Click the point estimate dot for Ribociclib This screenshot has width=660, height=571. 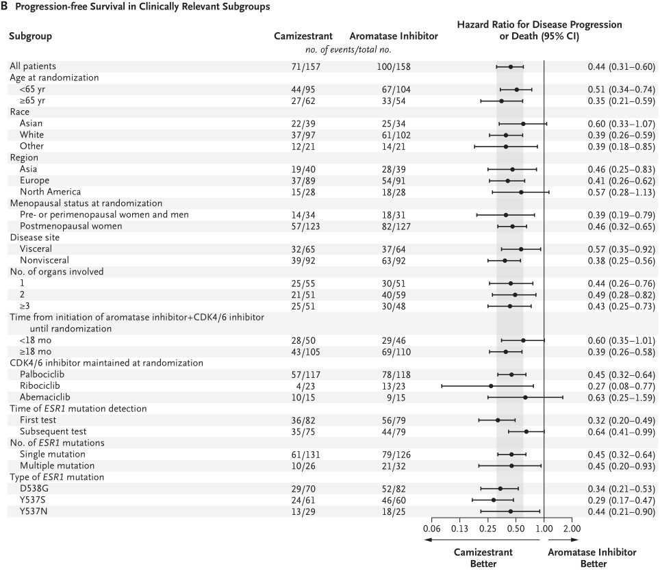491,386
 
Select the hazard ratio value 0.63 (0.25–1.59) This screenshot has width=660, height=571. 621,398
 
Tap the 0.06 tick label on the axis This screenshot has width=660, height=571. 432,529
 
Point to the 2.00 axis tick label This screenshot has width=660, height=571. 572,529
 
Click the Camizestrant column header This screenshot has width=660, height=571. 303,36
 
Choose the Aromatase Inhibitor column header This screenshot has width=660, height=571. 394,36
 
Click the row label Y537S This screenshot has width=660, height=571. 34,500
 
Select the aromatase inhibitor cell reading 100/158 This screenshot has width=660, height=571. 394,67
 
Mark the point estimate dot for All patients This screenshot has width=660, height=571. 511,66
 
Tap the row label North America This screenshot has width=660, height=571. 50,192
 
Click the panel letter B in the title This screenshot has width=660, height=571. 4,7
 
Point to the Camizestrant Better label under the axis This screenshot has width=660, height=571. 483,558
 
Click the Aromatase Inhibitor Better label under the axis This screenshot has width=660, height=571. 592,558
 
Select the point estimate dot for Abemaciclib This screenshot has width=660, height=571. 525,397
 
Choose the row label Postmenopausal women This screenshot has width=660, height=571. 71,226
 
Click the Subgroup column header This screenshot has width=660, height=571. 30,36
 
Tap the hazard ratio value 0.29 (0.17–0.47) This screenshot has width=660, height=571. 621,500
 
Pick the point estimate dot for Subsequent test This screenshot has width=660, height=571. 526,431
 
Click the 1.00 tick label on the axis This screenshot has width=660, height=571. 544,529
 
